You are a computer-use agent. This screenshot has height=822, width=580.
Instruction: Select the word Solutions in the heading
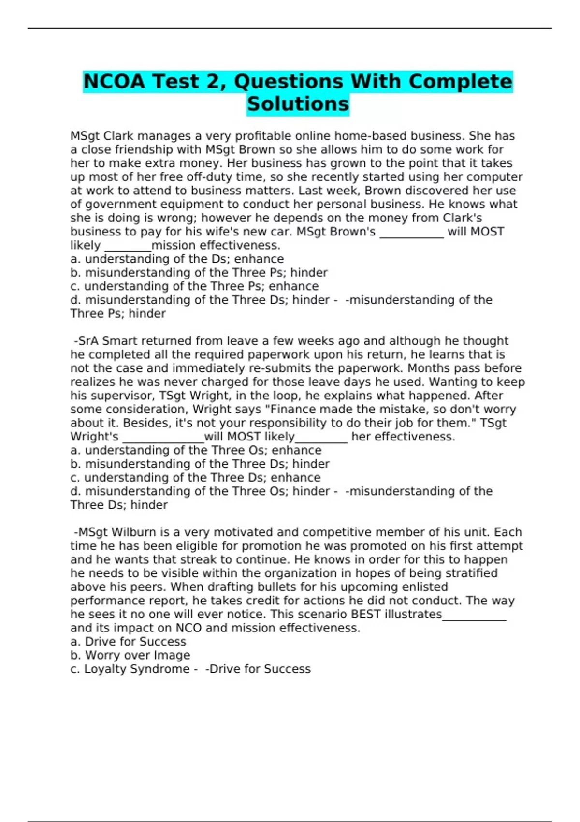(298, 104)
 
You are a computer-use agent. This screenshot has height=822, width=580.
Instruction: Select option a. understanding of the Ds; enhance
(177, 259)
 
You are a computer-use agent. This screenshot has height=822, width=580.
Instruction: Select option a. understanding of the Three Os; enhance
(196, 450)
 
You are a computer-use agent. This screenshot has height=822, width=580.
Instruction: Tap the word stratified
(464, 573)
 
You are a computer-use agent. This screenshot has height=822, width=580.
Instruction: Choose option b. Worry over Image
(130, 655)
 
